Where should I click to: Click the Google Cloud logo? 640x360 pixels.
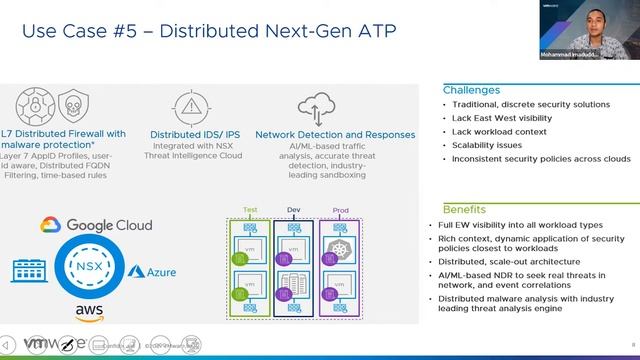(96, 225)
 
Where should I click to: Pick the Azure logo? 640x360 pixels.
(152, 272)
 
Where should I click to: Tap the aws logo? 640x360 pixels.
(89, 314)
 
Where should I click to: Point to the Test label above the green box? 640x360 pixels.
(250, 210)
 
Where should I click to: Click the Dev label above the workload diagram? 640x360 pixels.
(293, 210)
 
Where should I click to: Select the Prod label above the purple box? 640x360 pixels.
(340, 210)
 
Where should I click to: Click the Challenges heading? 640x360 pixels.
(471, 90)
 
